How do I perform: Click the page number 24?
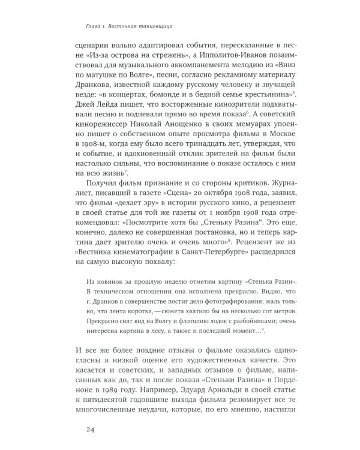point(91,429)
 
